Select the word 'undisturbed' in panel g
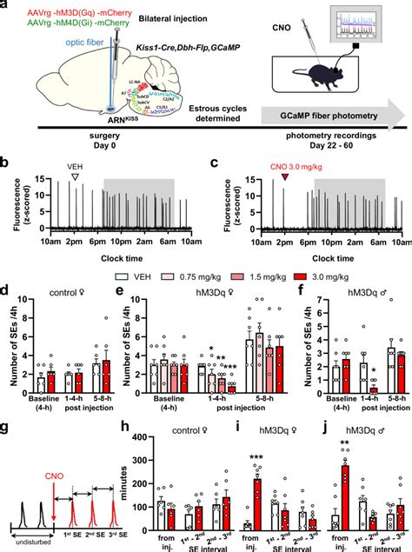(x=29, y=543)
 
